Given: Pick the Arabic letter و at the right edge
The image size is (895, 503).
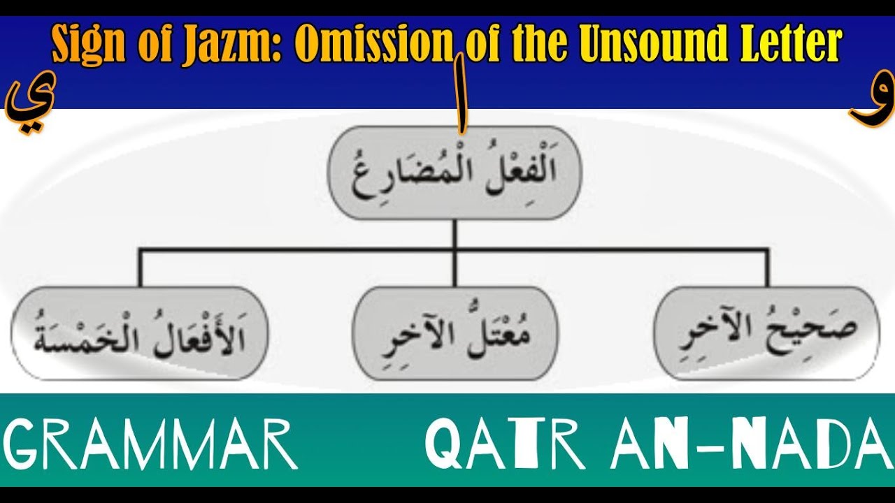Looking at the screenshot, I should (870, 105).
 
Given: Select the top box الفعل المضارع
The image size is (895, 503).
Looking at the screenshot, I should (454, 173).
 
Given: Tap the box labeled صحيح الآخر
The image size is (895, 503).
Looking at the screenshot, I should (766, 333).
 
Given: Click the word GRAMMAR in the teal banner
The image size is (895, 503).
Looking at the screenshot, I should (150, 443).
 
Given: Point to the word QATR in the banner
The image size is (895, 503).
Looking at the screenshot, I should (505, 443).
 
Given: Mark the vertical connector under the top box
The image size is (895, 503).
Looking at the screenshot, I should (454, 234).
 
